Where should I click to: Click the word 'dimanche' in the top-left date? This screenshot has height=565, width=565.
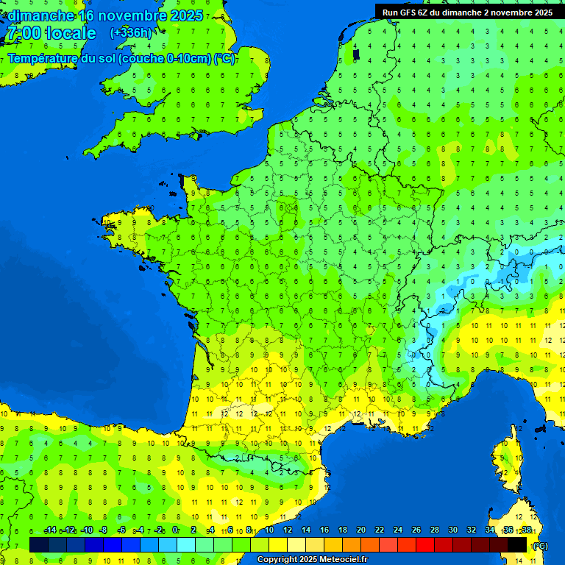(41, 15)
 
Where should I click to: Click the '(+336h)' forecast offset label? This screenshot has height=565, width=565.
(130, 32)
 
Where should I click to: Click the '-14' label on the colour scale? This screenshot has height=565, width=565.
(50, 530)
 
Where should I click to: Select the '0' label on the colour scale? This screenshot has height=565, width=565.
(175, 530)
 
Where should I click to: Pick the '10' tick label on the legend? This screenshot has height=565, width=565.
(269, 530)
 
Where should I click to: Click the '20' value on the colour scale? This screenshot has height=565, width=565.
(361, 530)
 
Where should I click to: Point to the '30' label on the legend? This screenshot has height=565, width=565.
(453, 530)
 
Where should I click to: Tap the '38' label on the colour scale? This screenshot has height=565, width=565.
(526, 530)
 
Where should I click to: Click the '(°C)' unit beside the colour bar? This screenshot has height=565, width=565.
(540, 546)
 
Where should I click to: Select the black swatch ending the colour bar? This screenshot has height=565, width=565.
(517, 544)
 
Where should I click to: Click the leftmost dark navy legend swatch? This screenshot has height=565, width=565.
(39, 544)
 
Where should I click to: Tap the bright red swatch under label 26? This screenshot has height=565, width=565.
(425, 544)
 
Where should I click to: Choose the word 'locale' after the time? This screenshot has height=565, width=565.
(71, 33)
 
